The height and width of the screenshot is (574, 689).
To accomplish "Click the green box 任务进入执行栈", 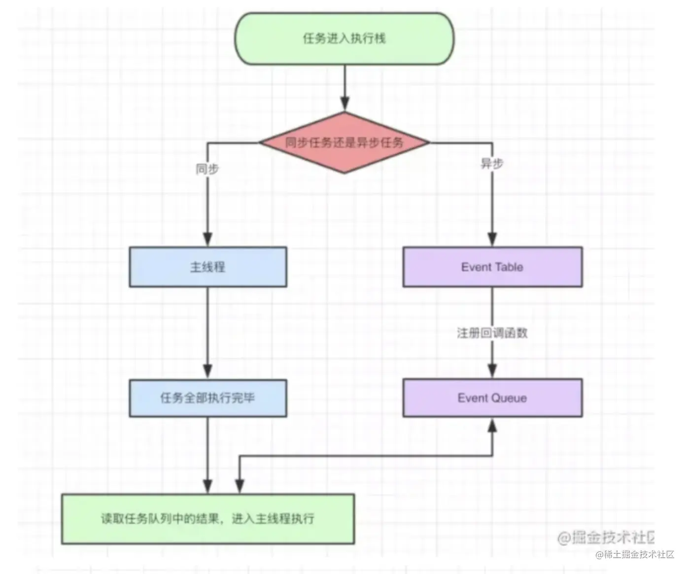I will point(344,38).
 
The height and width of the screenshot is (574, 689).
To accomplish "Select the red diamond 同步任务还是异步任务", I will point(344,143).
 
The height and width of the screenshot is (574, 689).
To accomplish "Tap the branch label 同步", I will point(207,169).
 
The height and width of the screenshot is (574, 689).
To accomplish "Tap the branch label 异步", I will point(492,164).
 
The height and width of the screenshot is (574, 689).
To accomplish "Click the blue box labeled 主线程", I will point(207,267).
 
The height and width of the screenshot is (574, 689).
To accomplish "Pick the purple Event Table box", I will point(492,267).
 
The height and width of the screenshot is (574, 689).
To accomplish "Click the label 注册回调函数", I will point(492,333).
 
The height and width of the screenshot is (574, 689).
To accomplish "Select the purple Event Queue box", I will point(492,398).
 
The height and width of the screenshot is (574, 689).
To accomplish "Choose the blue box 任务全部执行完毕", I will point(207,398).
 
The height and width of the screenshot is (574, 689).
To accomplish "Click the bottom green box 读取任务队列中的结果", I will point(207,519).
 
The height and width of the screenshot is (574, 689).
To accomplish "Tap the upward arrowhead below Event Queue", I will point(492,425).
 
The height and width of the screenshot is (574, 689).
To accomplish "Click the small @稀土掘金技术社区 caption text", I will point(634,555).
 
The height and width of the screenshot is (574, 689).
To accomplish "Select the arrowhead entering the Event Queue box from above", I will point(492,371).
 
